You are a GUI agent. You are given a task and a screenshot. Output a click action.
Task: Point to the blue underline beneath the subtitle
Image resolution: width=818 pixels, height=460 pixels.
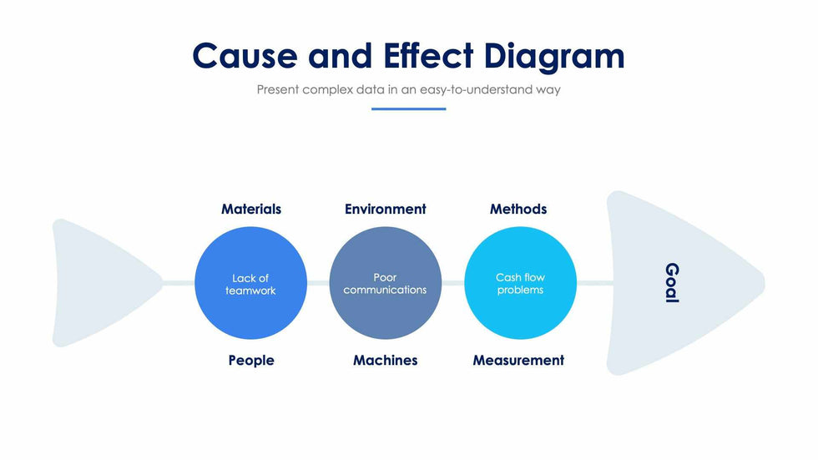pyautogui.click(x=408, y=109)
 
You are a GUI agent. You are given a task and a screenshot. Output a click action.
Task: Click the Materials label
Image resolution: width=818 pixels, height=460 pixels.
pyautogui.click(x=251, y=209)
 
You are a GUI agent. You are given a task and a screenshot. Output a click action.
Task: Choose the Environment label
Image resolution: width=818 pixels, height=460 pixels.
pyautogui.click(x=385, y=209)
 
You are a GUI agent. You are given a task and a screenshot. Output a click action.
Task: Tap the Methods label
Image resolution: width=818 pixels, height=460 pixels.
pyautogui.click(x=518, y=209)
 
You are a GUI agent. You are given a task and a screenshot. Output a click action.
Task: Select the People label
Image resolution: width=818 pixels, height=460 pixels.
pyautogui.click(x=251, y=361)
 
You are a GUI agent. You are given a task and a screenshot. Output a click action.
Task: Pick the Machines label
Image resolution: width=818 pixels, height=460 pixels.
pyautogui.click(x=385, y=361)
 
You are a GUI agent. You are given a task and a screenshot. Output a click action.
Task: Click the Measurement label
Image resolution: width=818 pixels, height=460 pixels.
pyautogui.click(x=518, y=361)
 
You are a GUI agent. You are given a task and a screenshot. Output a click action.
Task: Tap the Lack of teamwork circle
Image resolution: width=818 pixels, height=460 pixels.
pyautogui.click(x=250, y=284)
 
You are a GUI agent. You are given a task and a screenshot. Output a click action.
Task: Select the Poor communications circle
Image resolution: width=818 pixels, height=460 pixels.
pyautogui.click(x=385, y=284)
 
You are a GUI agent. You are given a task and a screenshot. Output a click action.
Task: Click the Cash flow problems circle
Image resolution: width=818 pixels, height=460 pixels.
pyautogui.click(x=520, y=284)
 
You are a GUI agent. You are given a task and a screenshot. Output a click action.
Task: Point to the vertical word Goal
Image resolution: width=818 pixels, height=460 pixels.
pyautogui.click(x=672, y=283)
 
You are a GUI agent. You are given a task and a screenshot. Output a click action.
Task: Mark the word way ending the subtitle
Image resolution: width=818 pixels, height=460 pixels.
pyautogui.click(x=547, y=89)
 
